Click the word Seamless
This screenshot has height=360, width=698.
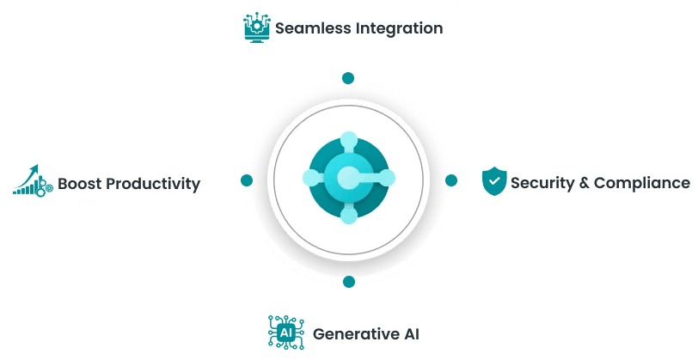tap(313, 28)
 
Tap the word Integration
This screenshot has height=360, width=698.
tap(400, 28)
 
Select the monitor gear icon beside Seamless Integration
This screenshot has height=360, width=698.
tap(257, 27)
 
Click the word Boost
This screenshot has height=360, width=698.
tap(80, 183)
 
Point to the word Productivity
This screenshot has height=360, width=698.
tap(154, 184)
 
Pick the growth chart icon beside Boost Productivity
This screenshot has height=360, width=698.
tap(33, 180)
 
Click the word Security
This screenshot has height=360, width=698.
tap(542, 183)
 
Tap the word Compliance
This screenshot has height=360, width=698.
tap(642, 183)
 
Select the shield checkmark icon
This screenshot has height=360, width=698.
tap(494, 181)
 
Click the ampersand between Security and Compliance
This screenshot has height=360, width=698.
tap(584, 183)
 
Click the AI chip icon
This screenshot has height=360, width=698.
tap(285, 332)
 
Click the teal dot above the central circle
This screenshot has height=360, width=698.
tap(348, 78)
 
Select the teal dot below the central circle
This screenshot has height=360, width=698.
tap(349, 282)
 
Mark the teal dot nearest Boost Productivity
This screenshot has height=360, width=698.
tap(247, 180)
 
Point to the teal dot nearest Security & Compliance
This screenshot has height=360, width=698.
tap(451, 180)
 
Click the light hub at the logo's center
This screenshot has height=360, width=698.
tap(347, 178)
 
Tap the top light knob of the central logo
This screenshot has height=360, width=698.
tap(349, 140)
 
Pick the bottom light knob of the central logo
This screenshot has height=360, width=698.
tap(349, 216)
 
